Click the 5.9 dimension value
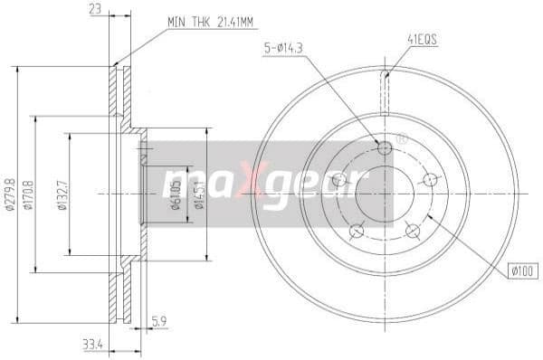[x=159, y=320]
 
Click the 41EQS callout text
[x=422, y=39]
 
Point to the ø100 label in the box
[x=523, y=270]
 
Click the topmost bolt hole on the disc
[x=384, y=147]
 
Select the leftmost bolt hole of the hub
[x=339, y=180]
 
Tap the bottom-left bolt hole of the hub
[x=357, y=231]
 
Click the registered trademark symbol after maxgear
[x=402, y=139]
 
